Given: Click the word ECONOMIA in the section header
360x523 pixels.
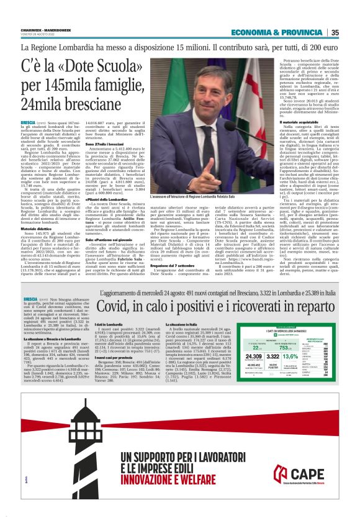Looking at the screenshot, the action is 253,32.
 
